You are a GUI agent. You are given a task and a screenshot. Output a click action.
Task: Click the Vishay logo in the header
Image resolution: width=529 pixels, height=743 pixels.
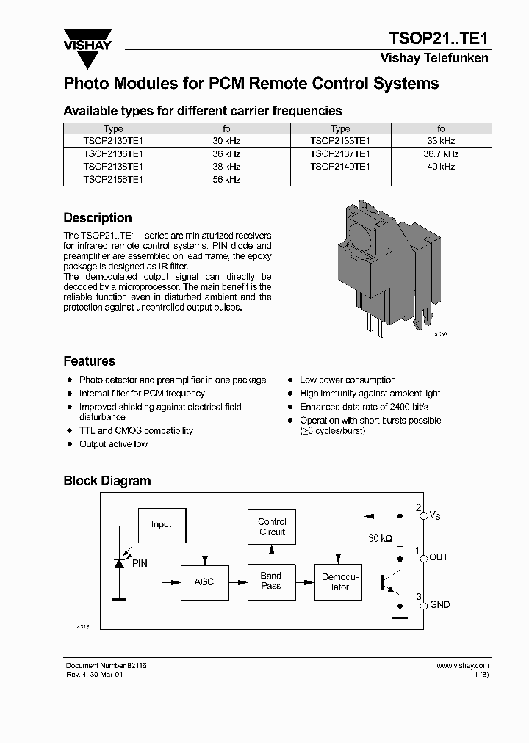tap(87, 42)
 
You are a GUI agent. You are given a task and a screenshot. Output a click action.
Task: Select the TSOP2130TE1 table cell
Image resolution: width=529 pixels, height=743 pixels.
tap(113, 140)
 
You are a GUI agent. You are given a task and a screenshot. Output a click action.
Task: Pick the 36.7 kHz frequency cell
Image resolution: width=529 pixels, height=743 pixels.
tap(441, 153)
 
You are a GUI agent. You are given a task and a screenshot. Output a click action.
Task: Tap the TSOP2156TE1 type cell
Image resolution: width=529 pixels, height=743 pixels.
tap(113, 179)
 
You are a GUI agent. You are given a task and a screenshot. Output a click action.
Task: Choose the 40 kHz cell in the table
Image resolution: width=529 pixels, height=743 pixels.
tap(441, 167)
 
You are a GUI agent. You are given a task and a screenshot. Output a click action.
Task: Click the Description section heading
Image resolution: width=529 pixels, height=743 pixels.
tap(98, 218)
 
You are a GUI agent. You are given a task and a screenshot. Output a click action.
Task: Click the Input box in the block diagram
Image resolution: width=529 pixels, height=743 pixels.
tap(161, 524)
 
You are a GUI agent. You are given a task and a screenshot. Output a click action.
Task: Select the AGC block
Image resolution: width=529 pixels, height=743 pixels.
tap(204, 581)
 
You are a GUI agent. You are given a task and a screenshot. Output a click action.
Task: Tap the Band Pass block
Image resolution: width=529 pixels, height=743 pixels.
tap(271, 581)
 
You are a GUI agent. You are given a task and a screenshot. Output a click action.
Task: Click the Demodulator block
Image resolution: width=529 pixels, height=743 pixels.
tap(339, 581)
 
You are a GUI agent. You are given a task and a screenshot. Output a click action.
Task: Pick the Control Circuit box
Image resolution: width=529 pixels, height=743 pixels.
tap(272, 527)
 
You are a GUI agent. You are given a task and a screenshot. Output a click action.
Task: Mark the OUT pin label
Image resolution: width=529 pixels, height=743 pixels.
tap(438, 557)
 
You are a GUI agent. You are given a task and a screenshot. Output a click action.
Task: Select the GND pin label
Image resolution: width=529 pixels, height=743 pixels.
tap(439, 605)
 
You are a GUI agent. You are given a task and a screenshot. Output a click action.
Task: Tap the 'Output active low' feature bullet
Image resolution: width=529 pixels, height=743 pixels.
tap(113, 444)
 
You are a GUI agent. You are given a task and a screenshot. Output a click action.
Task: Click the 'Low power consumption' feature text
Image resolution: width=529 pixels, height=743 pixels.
tap(348, 380)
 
